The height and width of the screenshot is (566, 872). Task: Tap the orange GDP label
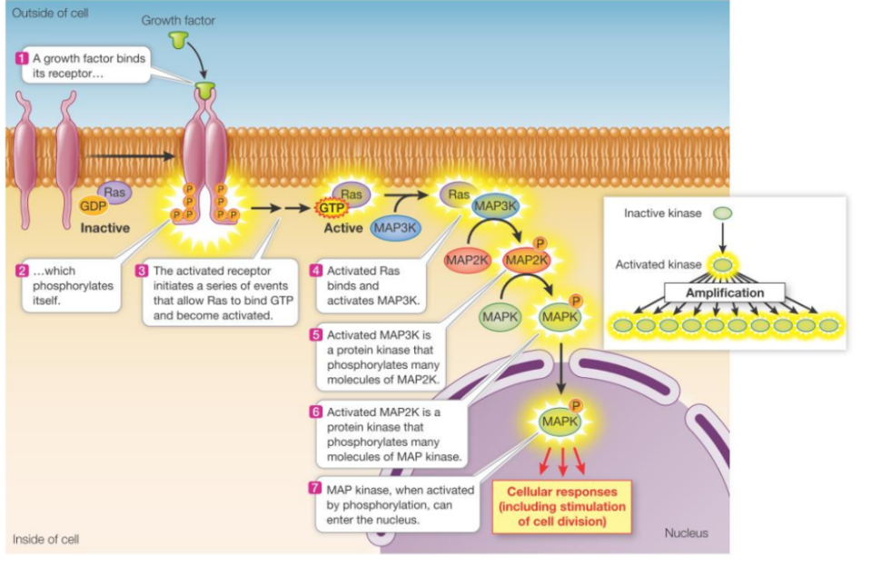tap(94, 206)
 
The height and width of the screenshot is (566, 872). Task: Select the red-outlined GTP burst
tap(331, 208)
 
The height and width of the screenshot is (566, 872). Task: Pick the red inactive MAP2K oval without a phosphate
tap(467, 260)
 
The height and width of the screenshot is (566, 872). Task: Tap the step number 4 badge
tap(316, 271)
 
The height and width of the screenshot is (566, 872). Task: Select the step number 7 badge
tap(315, 489)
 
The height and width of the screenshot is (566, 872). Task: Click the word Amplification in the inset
tap(725, 293)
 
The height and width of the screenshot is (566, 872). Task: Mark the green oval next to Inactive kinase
tap(723, 213)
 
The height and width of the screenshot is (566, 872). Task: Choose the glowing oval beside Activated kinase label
tap(723, 265)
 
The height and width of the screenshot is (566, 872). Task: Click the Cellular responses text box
tap(560, 506)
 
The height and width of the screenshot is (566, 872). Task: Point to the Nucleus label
tap(687, 533)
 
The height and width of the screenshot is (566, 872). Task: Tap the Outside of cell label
tap(50, 12)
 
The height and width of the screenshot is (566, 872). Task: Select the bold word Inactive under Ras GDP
tap(104, 228)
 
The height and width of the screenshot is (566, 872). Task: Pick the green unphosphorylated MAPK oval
tap(500, 317)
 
